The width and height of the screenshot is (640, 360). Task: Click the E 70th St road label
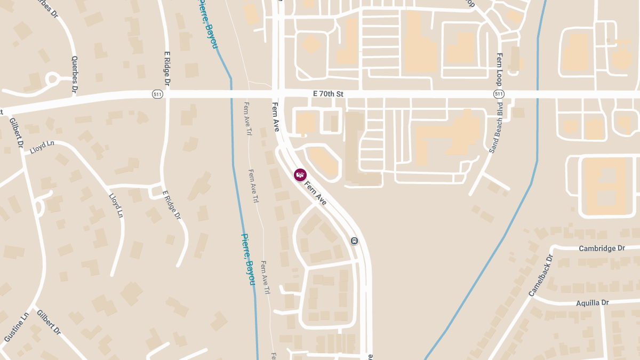click(328, 94)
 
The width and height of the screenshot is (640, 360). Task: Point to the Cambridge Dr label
click(602, 249)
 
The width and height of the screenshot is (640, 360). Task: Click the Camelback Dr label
click(542, 275)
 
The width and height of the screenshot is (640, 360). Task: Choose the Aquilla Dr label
click(592, 303)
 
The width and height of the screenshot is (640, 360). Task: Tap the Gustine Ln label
click(15, 327)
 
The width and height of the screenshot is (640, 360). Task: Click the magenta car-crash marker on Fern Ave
click(300, 174)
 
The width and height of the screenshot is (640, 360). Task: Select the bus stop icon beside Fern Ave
click(354, 241)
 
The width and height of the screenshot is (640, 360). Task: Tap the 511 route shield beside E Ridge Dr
click(157, 94)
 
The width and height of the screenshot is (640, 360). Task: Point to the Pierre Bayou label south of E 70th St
click(248, 259)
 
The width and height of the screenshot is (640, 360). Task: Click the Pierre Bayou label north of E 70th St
click(209, 24)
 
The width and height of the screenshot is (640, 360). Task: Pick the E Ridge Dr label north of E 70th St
click(167, 69)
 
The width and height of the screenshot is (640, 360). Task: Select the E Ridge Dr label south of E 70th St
click(171, 205)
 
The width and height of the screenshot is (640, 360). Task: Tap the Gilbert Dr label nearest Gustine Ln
click(48, 322)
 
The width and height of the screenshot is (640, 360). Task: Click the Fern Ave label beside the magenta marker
click(316, 193)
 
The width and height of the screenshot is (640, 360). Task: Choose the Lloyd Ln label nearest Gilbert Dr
click(43, 147)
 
